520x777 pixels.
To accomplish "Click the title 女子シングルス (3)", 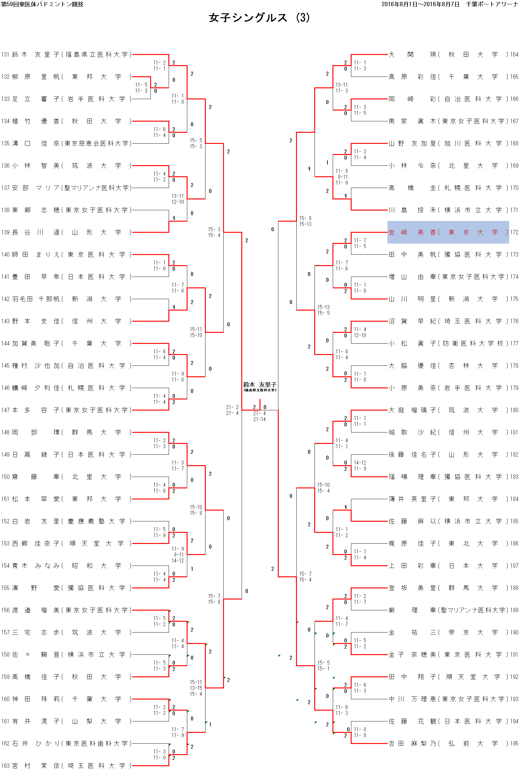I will pyautogui.click(x=259, y=18).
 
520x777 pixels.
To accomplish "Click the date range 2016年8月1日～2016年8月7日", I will pyautogui.click(x=420, y=4).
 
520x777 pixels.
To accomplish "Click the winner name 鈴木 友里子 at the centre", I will pyautogui.click(x=260, y=384).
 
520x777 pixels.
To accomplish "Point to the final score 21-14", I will pyautogui.click(x=259, y=419).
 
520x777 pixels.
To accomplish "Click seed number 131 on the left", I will pyautogui.click(x=5, y=54).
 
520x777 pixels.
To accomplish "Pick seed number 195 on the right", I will pyautogui.click(x=514, y=744).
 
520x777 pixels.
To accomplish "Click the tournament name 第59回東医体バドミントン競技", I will pyautogui.click(x=42, y=4).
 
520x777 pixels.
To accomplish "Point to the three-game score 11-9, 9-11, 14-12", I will pyautogui.click(x=178, y=555).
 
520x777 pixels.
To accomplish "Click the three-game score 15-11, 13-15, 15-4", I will pyautogui.click(x=196, y=688).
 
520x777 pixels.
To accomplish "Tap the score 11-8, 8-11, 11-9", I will pyautogui.click(x=342, y=177).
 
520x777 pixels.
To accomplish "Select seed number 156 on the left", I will pyautogui.click(x=5, y=610).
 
